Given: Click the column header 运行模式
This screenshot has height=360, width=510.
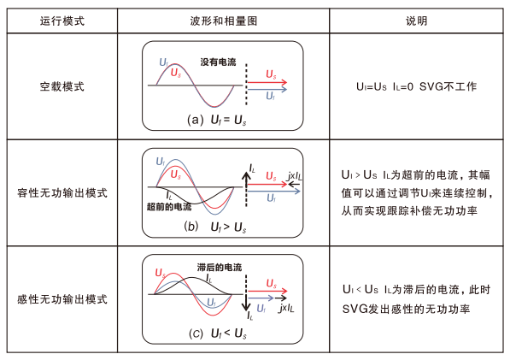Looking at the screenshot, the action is [x=62, y=21].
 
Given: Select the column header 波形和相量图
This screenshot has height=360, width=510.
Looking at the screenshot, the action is [x=224, y=21].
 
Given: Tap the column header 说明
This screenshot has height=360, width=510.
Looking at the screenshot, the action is [x=416, y=21].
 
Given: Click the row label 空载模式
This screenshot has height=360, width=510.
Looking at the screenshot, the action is [x=62, y=86].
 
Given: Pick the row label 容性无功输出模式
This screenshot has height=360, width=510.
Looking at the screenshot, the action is [x=62, y=192].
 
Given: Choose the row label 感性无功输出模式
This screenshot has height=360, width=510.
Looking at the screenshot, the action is [x=62, y=299].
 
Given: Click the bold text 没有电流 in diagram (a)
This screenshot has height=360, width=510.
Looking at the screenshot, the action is [x=218, y=62].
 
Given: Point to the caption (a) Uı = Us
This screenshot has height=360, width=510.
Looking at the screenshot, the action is [x=217, y=120].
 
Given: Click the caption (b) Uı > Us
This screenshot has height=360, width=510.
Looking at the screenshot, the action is [x=215, y=227].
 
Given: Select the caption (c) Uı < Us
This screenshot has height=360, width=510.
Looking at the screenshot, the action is [x=218, y=333].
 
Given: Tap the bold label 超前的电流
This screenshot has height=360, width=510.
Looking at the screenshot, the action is [x=169, y=206].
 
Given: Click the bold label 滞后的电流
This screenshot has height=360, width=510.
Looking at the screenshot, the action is [x=220, y=268].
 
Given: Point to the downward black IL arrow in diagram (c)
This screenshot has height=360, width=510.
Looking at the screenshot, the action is [x=246, y=303].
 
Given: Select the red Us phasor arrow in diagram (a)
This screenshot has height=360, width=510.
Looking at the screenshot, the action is [x=267, y=82].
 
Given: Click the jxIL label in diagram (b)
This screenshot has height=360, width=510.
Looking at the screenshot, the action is [x=295, y=176].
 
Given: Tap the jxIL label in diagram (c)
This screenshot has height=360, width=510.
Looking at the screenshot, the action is [x=286, y=308].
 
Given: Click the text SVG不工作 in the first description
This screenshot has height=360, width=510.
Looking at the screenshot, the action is [x=448, y=86].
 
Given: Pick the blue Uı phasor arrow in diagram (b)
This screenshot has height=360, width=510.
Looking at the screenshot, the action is [x=273, y=192].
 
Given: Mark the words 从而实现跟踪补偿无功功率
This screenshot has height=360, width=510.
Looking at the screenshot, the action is [x=409, y=211].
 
